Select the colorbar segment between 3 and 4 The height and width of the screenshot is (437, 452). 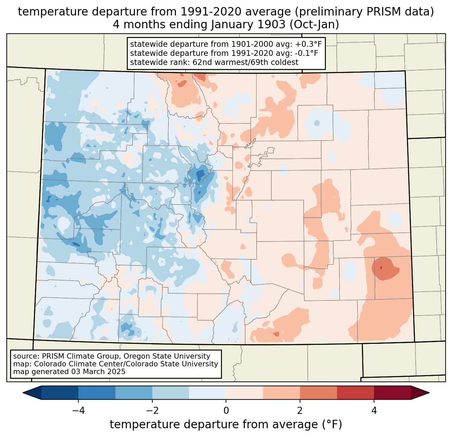coord(355,393)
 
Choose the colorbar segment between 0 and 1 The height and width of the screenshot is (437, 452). coord(244,393)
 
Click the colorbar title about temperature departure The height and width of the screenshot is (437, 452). coord(226,425)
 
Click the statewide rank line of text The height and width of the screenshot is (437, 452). coord(214,62)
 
